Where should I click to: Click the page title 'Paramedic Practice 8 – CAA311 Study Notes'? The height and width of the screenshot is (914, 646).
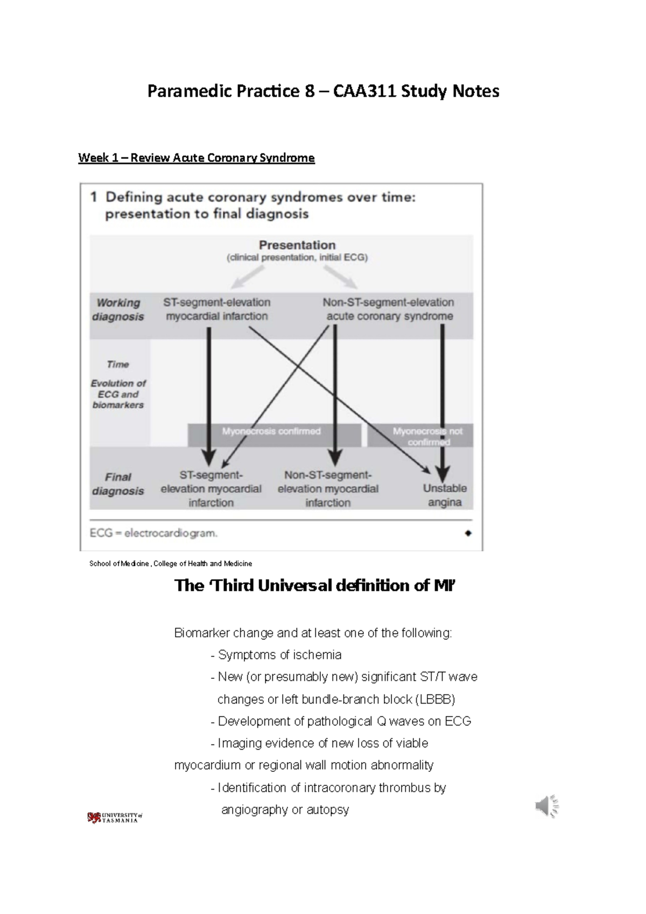pyautogui.click(x=323, y=91)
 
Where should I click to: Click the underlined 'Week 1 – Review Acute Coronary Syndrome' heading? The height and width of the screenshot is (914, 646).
pyautogui.click(x=196, y=158)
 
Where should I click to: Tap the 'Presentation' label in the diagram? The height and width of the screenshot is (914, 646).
pyautogui.click(x=297, y=245)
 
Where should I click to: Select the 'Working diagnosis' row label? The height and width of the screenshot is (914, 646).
pyautogui.click(x=118, y=310)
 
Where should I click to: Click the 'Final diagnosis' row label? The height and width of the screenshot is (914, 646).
pyautogui.click(x=118, y=484)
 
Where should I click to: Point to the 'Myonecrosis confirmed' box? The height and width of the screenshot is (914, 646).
pyautogui.click(x=271, y=432)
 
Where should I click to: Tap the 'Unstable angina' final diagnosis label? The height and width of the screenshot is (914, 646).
pyautogui.click(x=445, y=495)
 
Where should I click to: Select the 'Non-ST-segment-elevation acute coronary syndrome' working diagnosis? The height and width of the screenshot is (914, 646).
pyautogui.click(x=389, y=310)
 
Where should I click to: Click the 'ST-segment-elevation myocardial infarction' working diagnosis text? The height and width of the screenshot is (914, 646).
pyautogui.click(x=216, y=310)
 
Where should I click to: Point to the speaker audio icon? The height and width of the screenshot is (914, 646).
pyautogui.click(x=547, y=806)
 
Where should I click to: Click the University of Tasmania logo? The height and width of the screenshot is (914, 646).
pyautogui.click(x=114, y=818)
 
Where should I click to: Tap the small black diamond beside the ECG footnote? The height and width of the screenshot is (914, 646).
pyautogui.click(x=468, y=533)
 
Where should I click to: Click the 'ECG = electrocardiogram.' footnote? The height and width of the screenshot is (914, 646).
pyautogui.click(x=154, y=533)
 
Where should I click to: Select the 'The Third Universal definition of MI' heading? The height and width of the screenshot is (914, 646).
pyautogui.click(x=315, y=586)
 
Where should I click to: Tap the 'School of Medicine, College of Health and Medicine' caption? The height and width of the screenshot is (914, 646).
pyautogui.click(x=171, y=564)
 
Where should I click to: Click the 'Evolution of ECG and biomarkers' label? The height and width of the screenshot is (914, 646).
pyautogui.click(x=118, y=394)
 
